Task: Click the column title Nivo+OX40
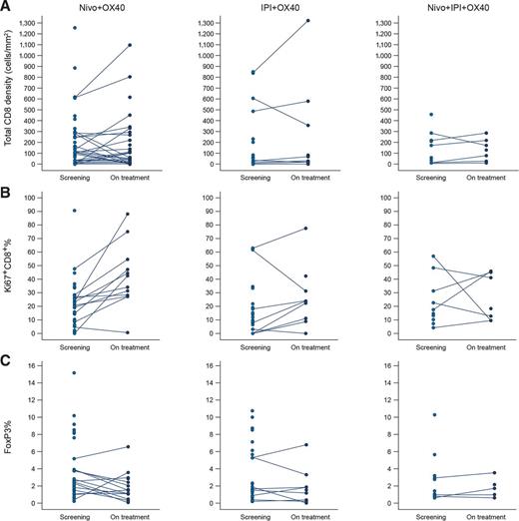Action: coord(102,7)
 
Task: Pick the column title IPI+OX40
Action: coord(276,7)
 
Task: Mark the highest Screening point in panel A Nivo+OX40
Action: coord(74,28)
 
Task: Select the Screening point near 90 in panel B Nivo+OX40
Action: coord(74,211)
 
